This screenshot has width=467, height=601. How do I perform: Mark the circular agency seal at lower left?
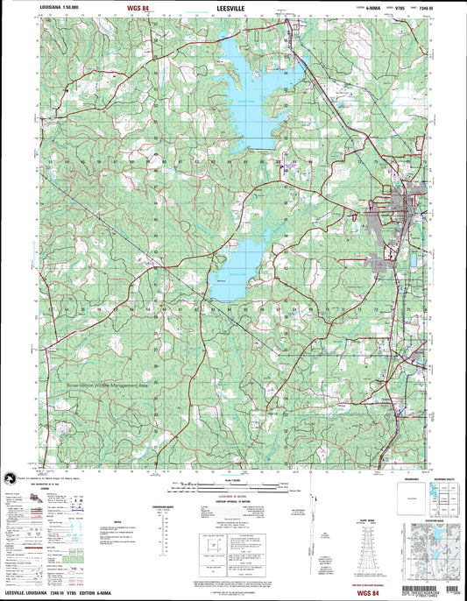pos(11,477)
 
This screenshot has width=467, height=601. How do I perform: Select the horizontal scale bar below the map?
pos(232,484)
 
